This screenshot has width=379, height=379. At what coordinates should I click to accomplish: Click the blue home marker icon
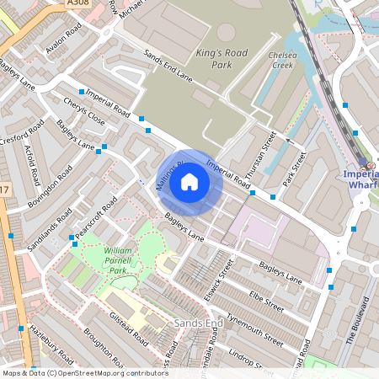tap(189, 182)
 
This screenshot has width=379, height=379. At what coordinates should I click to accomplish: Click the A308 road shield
tap(78, 4)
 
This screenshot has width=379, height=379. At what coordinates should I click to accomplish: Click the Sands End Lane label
tap(168, 67)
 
